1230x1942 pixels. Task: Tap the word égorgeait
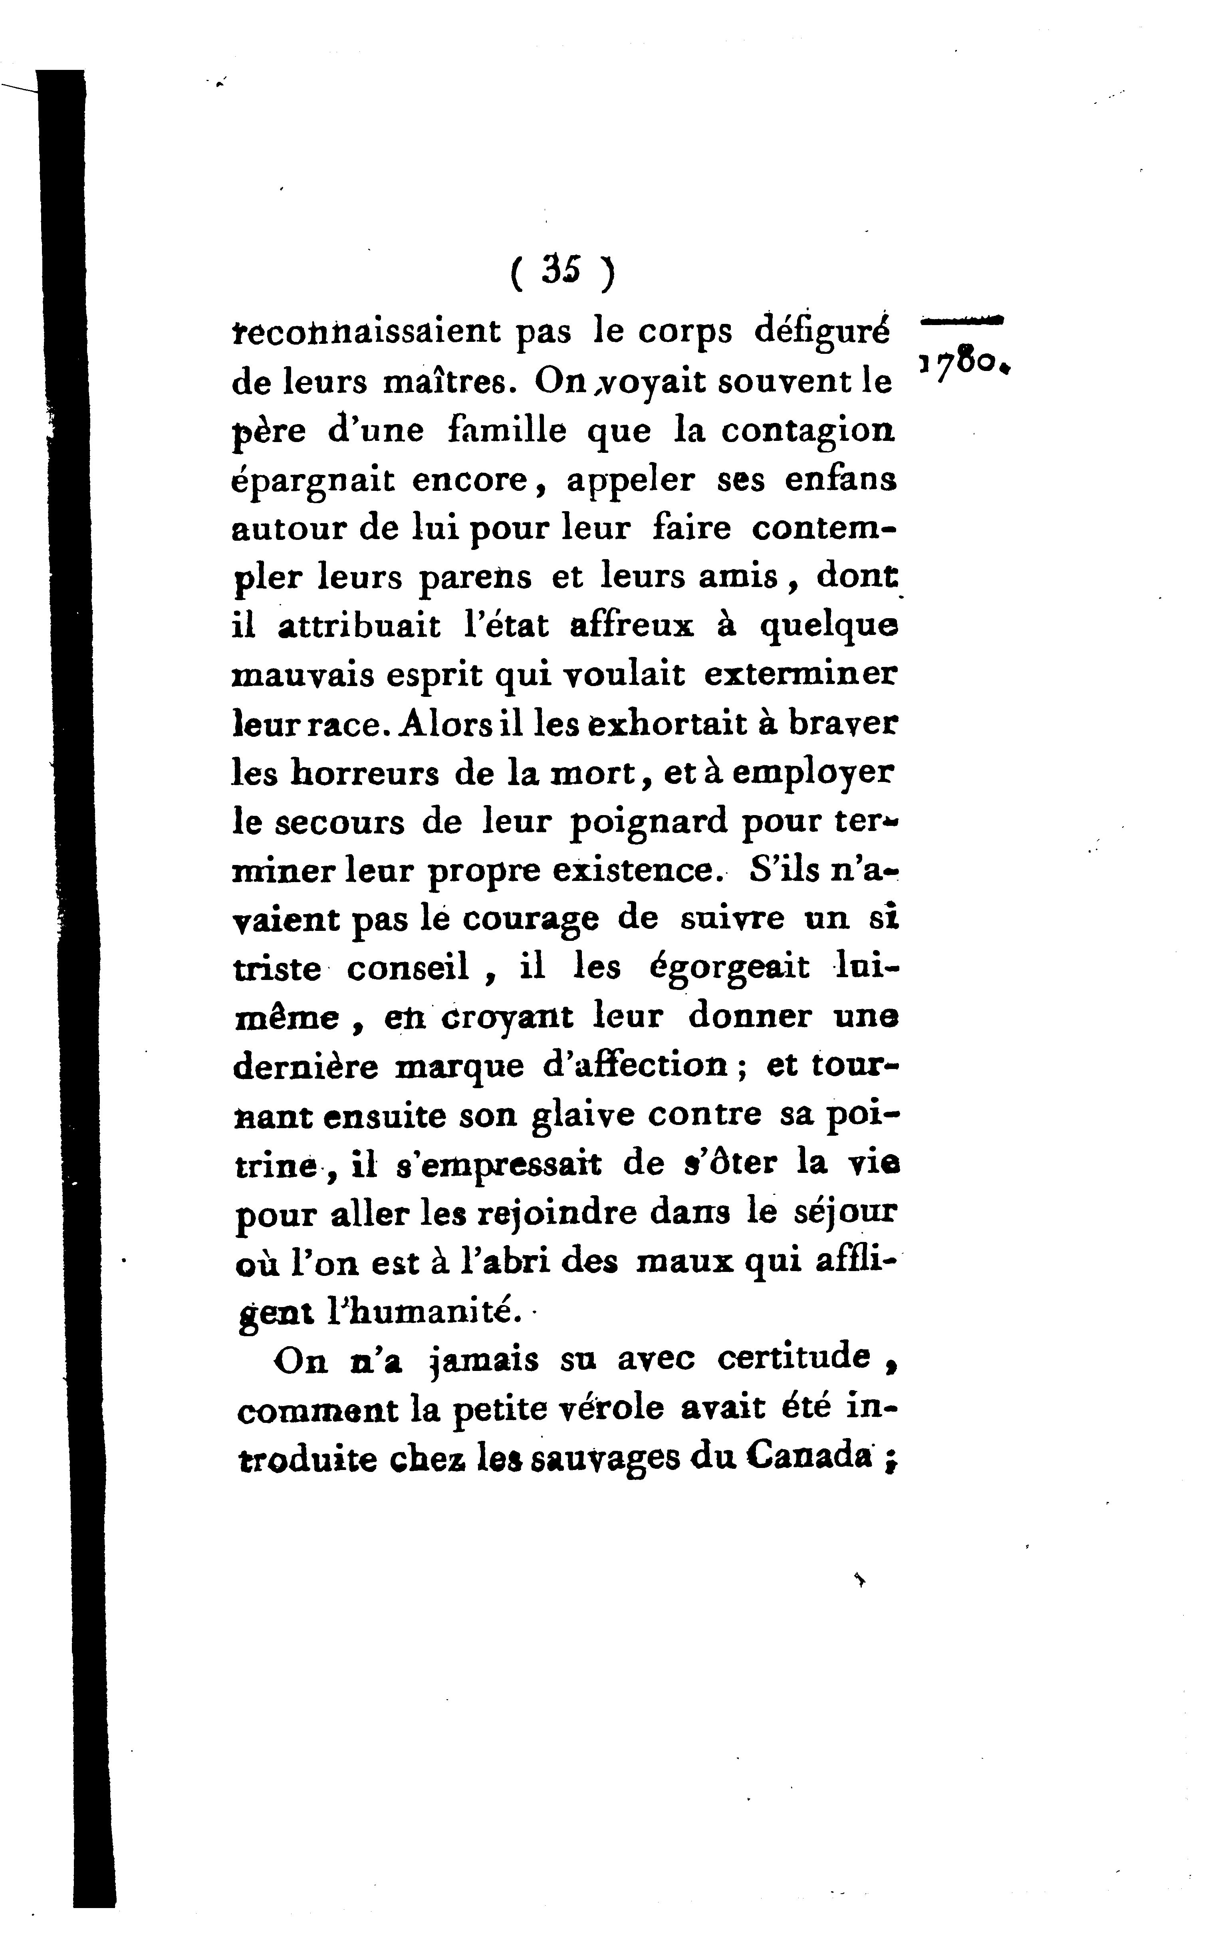click(x=729, y=968)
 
